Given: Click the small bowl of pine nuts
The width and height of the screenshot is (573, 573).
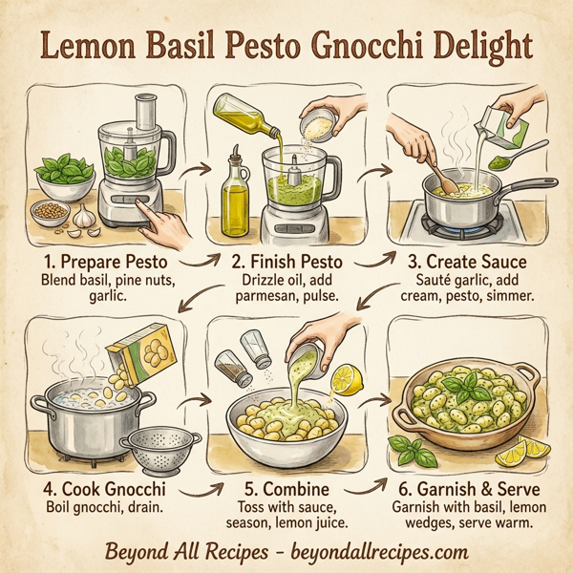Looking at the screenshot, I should coord(51,212).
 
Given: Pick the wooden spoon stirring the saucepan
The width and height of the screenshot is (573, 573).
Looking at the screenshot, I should coord(444,176).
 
